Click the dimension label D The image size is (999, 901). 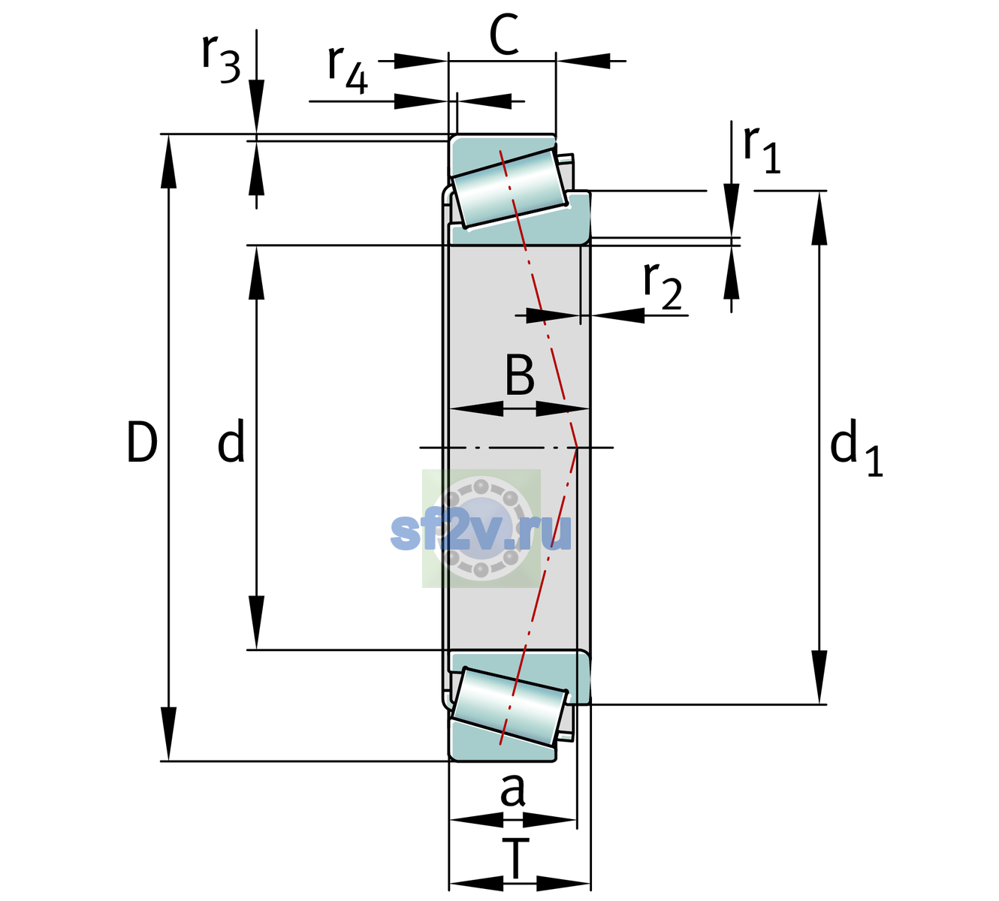pyautogui.click(x=142, y=442)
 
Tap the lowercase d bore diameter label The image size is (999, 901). pyautogui.click(x=231, y=441)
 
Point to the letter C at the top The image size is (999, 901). pyautogui.click(x=504, y=35)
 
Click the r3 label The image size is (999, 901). pyautogui.click(x=221, y=59)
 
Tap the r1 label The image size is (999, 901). pyautogui.click(x=762, y=149)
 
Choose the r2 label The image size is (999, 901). pyautogui.click(x=662, y=285)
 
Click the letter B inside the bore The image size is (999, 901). pyautogui.click(x=520, y=375)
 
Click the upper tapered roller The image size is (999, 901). pyautogui.click(x=509, y=188)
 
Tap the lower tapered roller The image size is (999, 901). pyautogui.click(x=509, y=707)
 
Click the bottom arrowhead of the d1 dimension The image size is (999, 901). pyautogui.click(x=819, y=677)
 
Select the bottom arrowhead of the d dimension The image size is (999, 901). pyautogui.click(x=256, y=622)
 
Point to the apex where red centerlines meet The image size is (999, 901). pyautogui.click(x=577, y=447)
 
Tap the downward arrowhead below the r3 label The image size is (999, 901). pyautogui.click(x=256, y=107)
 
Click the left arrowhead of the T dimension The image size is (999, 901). pyautogui.click(x=476, y=884)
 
